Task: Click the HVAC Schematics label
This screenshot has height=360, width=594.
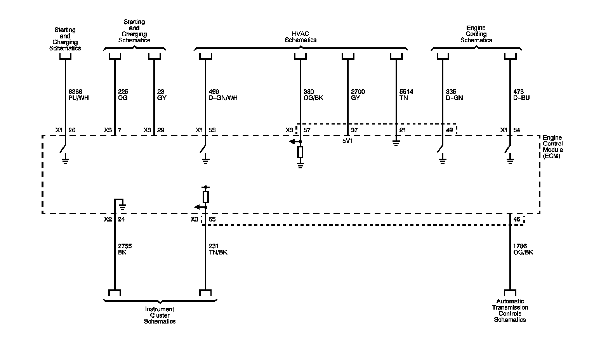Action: coord(300,37)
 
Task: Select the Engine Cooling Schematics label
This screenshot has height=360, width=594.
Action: coord(476,34)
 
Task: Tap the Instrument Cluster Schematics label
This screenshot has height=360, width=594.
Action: coord(160,315)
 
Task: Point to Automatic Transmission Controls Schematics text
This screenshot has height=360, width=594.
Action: coord(510,310)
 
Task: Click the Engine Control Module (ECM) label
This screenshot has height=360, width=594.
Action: coord(552,147)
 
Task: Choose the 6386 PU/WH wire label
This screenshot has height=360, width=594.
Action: coord(78,95)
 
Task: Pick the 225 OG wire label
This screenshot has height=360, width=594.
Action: coord(123,95)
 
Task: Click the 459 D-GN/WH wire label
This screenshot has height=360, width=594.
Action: coord(223,95)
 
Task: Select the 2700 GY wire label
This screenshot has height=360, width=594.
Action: coord(358,95)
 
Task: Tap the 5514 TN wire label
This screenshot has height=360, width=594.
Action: coord(406,95)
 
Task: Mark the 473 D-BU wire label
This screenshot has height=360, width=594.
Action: coord(521,95)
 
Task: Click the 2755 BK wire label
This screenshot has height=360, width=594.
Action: coord(125,249)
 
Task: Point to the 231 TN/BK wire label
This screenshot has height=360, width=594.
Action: coord(218,249)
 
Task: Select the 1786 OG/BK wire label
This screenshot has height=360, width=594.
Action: coord(523,249)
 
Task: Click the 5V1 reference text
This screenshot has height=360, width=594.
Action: coord(347,141)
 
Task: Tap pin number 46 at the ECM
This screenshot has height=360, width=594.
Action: coord(517,220)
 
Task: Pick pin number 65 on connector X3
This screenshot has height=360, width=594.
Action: coord(212,220)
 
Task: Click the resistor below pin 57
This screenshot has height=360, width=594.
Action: coord(300,152)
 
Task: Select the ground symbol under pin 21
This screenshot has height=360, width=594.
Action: coord(396,143)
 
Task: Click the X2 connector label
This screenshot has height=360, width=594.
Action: coord(108,220)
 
